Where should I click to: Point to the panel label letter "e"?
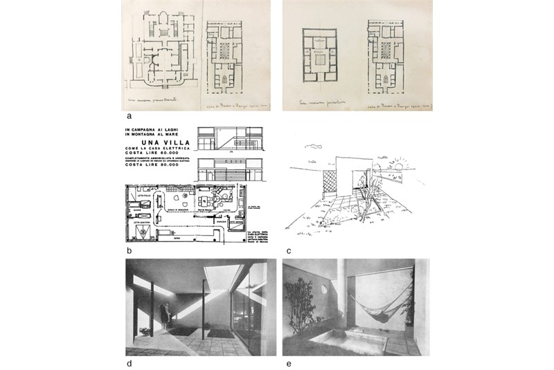pos(287,362)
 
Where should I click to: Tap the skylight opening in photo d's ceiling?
pos(223,275)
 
